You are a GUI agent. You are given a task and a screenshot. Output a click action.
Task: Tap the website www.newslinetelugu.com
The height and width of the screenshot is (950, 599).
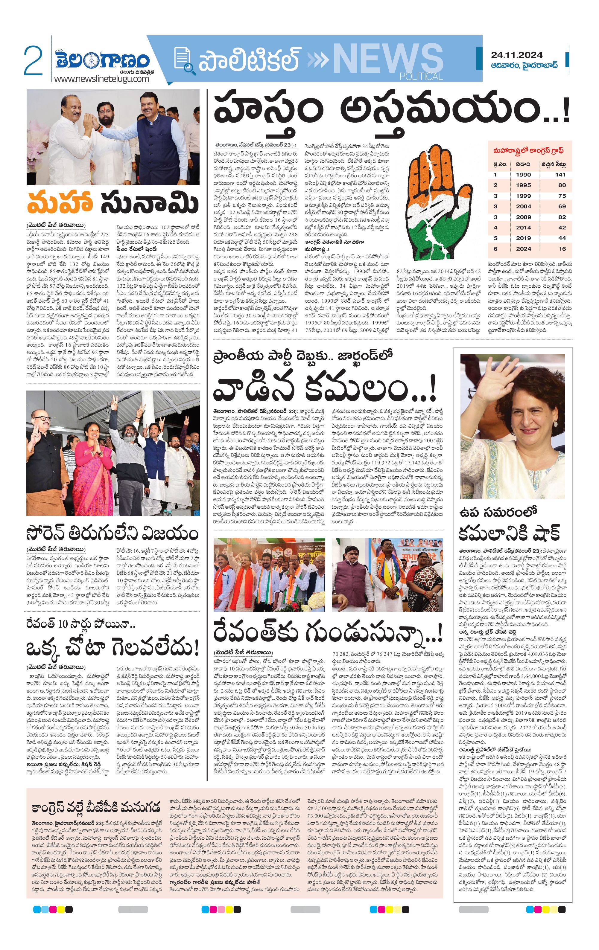[101, 79]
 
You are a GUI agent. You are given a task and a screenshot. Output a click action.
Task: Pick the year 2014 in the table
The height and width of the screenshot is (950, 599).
[523, 228]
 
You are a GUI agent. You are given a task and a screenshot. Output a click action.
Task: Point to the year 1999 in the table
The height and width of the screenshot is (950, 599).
[523, 196]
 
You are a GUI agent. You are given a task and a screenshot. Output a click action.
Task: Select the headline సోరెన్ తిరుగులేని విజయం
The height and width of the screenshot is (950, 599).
[112, 533]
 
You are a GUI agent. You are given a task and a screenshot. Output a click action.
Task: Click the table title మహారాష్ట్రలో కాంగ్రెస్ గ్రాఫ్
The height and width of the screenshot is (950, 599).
[528, 150]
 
